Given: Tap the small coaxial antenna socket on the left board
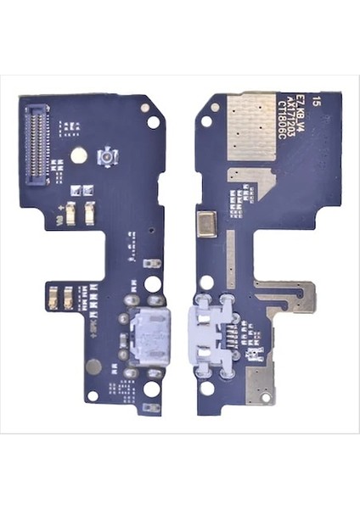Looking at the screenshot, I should coord(108,158).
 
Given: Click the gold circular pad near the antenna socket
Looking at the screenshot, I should coord(78,155).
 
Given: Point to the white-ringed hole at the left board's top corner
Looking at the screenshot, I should coord(154,121).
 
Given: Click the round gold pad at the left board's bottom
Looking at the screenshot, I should coord(93,366).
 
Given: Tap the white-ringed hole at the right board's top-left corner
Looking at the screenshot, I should coord(206,121).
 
